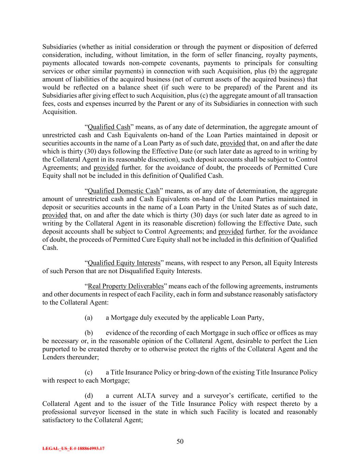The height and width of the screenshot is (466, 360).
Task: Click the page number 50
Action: [x=180, y=441]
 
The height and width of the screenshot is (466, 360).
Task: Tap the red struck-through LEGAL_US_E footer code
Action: [x=73, y=449]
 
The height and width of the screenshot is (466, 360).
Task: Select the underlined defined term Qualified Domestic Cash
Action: [x=124, y=191]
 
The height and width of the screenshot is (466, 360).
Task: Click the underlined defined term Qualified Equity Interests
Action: [x=124, y=263]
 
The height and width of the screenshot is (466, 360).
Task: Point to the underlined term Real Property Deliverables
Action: [x=126, y=286]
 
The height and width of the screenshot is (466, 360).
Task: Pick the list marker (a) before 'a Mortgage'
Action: [x=88, y=317]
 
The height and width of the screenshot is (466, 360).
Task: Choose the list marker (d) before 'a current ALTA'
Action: [x=88, y=396]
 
